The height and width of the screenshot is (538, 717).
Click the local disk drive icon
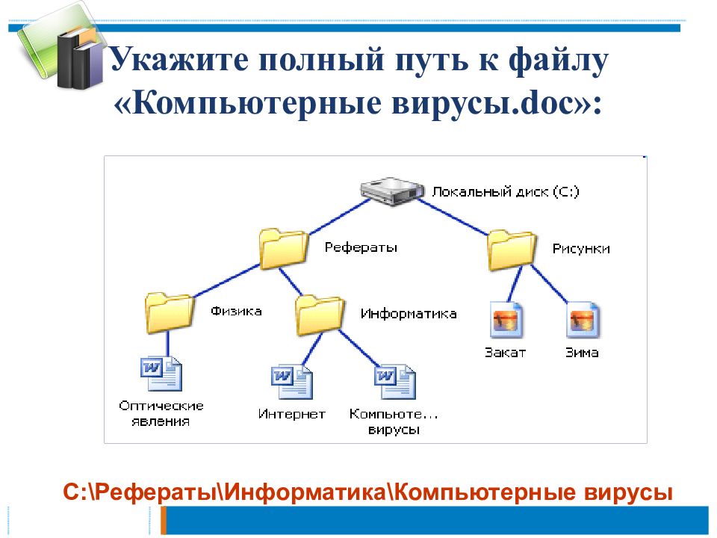[x=392, y=191]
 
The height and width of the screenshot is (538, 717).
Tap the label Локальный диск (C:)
[x=506, y=192]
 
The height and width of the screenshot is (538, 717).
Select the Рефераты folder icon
[x=284, y=248]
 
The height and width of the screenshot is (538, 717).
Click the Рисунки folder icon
[x=512, y=251]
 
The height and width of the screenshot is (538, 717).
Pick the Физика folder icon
[x=170, y=312]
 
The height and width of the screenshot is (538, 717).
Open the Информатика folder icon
[x=320, y=315]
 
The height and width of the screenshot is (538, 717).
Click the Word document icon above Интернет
[x=292, y=382]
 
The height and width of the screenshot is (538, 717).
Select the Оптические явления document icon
[x=161, y=374]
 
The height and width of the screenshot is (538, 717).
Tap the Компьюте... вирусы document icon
[x=395, y=382]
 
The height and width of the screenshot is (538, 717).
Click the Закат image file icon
[x=506, y=319]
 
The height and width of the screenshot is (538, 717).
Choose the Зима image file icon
[x=583, y=319]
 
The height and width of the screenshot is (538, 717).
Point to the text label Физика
[x=236, y=312]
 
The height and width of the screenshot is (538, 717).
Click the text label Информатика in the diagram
[x=409, y=314]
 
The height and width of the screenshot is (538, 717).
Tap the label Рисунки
[x=581, y=249]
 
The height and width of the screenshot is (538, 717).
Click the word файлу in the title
[x=559, y=60]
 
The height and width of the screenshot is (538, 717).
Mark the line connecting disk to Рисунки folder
[x=453, y=217]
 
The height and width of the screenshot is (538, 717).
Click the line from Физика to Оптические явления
[x=168, y=344]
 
